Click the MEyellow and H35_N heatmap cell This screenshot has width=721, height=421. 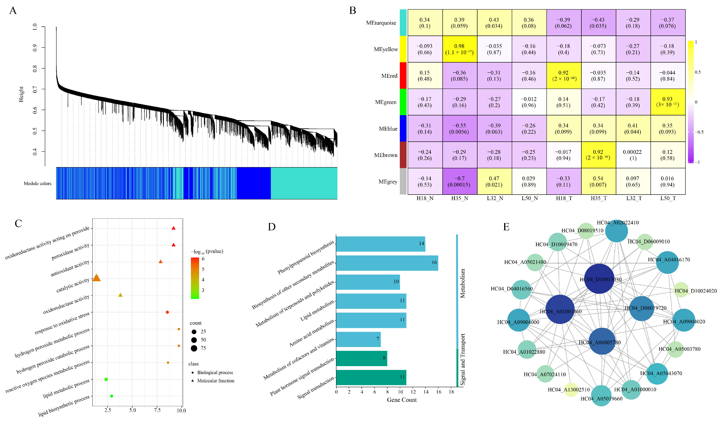pos(459,49)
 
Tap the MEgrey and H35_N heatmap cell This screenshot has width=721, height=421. pos(459,181)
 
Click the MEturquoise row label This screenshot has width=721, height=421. pos(381,23)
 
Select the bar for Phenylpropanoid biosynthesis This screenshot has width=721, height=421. pos(380,244)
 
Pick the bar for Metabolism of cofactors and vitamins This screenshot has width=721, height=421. pos(358,339)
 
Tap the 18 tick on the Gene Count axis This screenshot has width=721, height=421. pos(451,392)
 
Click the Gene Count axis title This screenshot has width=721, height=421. pos(402,400)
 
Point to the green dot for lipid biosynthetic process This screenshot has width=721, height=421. pos(112,396)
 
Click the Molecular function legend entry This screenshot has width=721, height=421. pos(216,381)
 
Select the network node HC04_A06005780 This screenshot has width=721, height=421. pos(602,341)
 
